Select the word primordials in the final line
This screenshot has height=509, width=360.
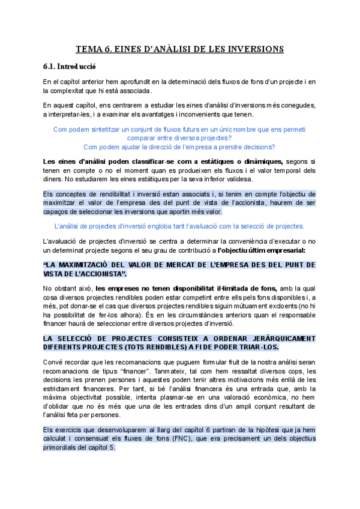[x=61, y=447]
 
